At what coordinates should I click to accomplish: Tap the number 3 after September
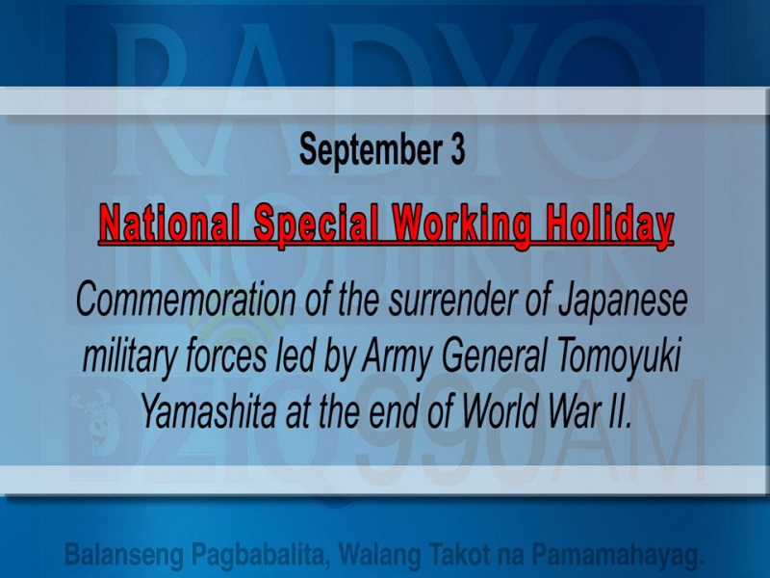point(456,150)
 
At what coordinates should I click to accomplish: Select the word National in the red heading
point(170,225)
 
